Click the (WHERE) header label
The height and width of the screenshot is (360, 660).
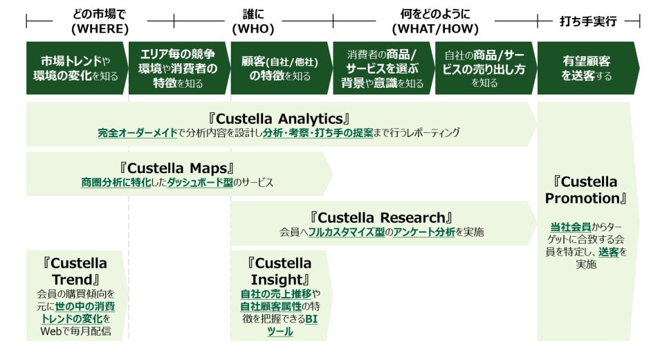pos(100,29)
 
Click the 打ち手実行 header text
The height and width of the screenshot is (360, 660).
pos(587,21)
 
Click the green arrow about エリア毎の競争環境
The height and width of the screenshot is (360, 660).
pos(178,69)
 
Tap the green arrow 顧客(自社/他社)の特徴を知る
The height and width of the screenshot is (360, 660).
pos(281,69)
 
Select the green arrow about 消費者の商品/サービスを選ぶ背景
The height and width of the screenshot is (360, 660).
pos(383,69)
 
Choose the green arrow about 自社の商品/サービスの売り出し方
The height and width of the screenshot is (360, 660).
pos(484,69)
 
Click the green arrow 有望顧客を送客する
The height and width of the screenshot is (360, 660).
pos(587,69)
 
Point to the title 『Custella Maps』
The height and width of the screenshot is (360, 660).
pos(177,168)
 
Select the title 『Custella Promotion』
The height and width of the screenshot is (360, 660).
pos(587,190)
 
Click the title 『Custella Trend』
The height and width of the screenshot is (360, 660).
pos(75,271)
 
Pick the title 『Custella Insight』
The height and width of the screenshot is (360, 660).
pos(279,271)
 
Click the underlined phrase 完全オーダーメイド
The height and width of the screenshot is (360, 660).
pos(138,132)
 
